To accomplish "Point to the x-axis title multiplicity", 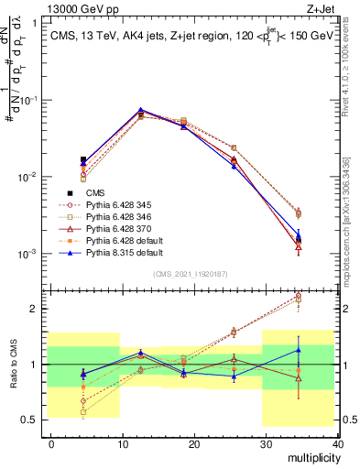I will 311,458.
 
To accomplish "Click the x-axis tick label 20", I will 194,442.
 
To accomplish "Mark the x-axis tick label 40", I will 336,442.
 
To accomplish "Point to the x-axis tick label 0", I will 51,442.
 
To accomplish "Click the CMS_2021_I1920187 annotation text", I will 195,275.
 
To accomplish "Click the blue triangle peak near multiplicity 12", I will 140,110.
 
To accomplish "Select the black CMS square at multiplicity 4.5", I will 83,159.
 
